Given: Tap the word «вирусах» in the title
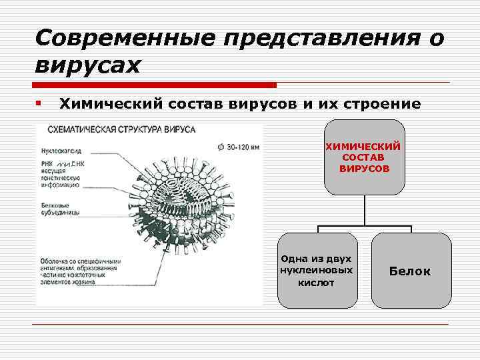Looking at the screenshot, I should pos(87,66).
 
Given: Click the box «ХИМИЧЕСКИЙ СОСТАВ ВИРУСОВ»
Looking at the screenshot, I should pos(363,157).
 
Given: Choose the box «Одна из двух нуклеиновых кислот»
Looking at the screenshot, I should pos(317,270).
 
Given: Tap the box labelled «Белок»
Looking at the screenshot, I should pos(410,271).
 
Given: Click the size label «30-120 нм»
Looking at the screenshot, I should pos(237,146).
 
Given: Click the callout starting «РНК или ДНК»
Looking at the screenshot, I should pos(61,174).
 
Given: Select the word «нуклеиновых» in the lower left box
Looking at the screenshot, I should pos(317,271).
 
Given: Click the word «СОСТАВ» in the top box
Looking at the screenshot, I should pos(363,157).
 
